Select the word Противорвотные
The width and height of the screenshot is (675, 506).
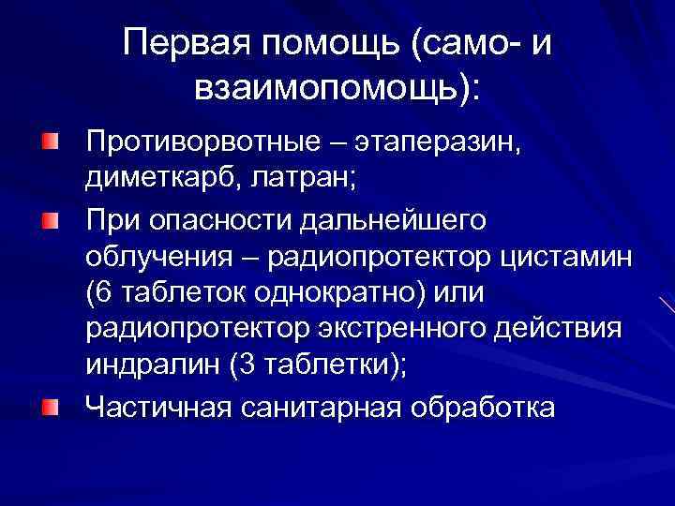coord(189,144)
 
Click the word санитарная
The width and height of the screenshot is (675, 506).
coord(319,407)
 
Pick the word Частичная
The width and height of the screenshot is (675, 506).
coord(157,407)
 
